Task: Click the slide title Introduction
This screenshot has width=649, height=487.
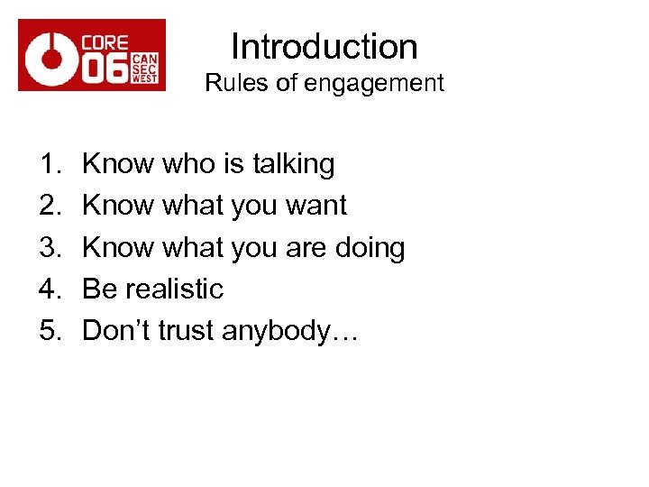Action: [x=324, y=47]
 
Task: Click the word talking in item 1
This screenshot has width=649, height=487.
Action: [x=293, y=164]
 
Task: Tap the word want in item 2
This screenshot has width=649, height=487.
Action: [x=315, y=206]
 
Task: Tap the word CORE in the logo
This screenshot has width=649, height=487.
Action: [x=105, y=42]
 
